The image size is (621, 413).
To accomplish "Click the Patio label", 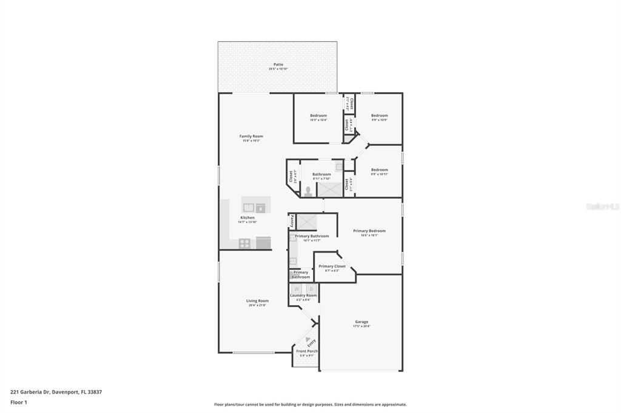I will [x=278, y=64].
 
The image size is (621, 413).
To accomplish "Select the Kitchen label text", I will [x=247, y=217].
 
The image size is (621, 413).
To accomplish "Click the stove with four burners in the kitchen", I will [x=245, y=243].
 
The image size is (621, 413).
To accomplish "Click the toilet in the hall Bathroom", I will [x=308, y=191].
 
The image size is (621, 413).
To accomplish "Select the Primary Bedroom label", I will [x=369, y=231].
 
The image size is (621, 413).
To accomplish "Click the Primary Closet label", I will [x=332, y=266].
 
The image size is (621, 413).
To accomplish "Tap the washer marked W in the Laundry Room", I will [x=297, y=288].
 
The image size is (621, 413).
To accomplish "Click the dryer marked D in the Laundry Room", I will [x=310, y=288].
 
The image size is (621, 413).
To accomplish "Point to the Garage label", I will [x=361, y=322].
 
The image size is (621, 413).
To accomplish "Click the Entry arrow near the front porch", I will [x=308, y=340].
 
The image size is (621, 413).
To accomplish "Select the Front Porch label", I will [x=307, y=351].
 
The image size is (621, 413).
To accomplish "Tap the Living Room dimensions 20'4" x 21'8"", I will [x=257, y=305].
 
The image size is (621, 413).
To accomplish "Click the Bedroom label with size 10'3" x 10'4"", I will [x=318, y=116].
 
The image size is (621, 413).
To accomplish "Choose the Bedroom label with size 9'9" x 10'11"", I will [x=379, y=170].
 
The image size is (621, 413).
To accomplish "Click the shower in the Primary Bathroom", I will [x=304, y=221].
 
